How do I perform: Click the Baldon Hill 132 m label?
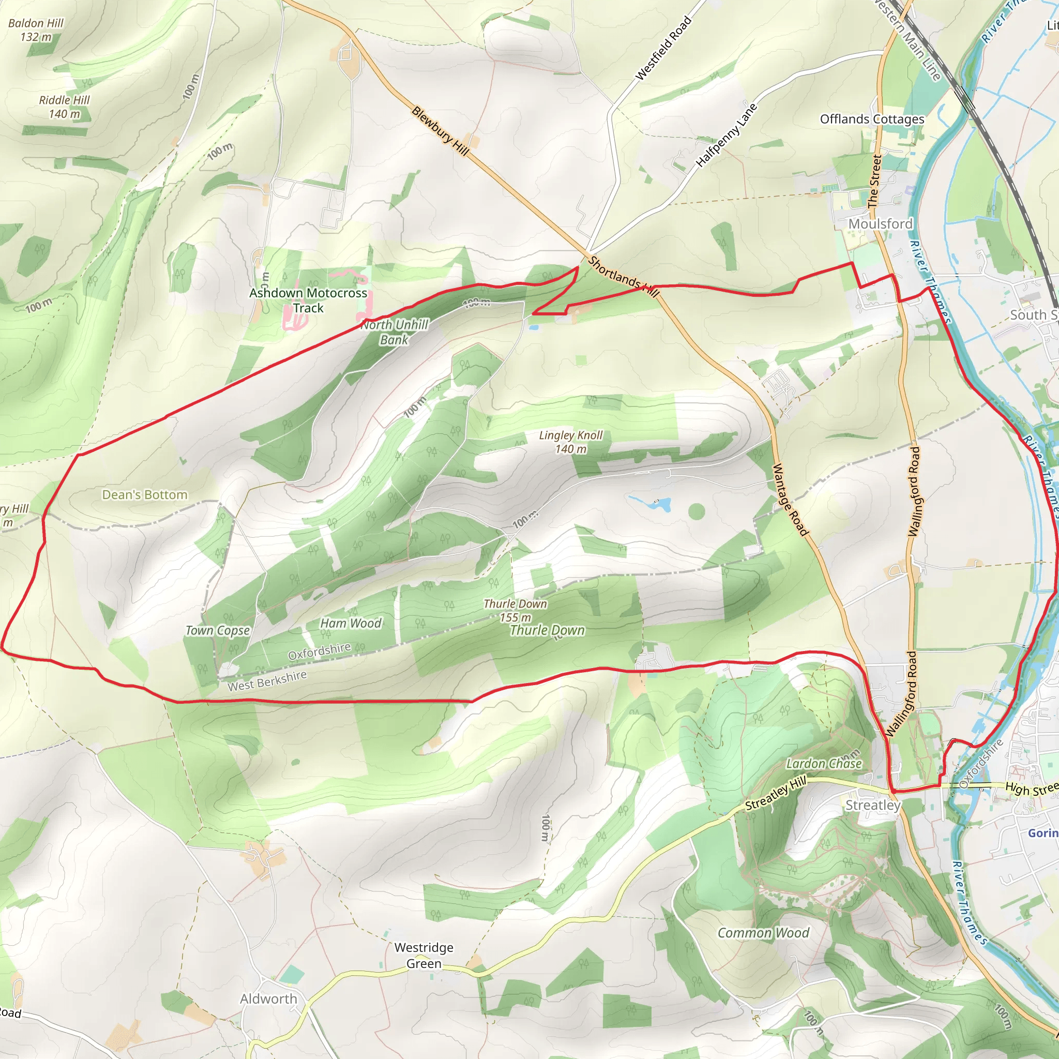pos(36,30)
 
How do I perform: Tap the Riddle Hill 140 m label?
pos(64,107)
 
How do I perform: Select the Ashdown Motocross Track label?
pos(308,300)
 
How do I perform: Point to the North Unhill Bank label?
pos(394,332)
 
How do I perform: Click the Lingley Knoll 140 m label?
pos(571,442)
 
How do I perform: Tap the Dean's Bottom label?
pos(145,495)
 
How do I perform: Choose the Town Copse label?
pos(218,630)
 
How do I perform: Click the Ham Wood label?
pos(351,623)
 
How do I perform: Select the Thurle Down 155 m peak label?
pos(515,610)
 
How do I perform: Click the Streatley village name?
pos(873,805)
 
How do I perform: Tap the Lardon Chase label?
pos(824,764)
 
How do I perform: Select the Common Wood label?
pos(763,933)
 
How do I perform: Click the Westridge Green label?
pos(423,956)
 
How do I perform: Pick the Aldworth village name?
pos(268,999)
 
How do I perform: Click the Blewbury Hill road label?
pos(440,131)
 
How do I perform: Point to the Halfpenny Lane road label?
pos(727,135)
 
